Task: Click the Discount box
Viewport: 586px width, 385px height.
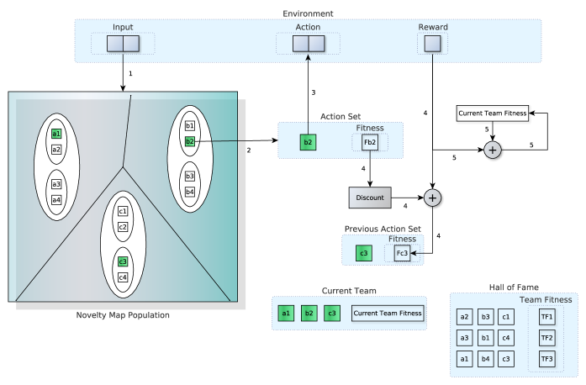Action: pos(371,198)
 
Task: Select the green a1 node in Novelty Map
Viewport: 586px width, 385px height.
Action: pos(56,134)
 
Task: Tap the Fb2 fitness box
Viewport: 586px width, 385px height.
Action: pos(370,142)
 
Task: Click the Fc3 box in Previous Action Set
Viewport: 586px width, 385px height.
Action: pos(402,252)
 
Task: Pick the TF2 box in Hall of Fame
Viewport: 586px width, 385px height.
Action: pos(547,337)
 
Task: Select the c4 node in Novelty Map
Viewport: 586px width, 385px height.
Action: pos(123,277)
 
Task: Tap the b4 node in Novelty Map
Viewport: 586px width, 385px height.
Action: pos(190,192)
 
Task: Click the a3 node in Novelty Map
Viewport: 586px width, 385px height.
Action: pos(56,184)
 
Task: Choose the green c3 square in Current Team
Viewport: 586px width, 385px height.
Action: pos(332,314)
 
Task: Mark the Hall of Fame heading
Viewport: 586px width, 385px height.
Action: pos(512,287)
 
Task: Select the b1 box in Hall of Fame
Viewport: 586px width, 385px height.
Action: pos(486,337)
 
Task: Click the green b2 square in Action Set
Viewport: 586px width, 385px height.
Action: pos(309,142)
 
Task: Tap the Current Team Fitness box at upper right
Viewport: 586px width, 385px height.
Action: pos(493,113)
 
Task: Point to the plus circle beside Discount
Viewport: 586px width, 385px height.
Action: pos(433,198)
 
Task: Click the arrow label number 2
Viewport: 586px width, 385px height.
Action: pos(249,150)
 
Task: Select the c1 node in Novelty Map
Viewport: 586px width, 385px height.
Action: pos(123,211)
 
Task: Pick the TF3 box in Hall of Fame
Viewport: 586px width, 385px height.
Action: pos(547,358)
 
